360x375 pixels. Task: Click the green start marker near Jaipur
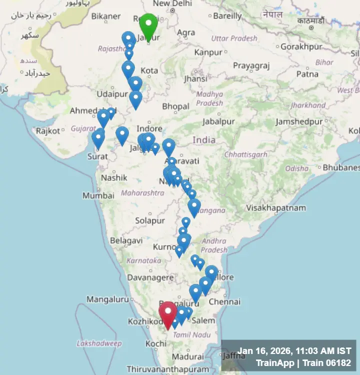148,26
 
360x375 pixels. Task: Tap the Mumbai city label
98,195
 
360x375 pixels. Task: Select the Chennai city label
224,302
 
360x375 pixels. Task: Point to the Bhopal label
175,106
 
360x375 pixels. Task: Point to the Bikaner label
105,16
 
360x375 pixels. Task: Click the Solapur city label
149,220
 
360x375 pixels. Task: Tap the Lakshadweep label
99,343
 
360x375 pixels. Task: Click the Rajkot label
48,131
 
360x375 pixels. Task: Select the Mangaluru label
107,299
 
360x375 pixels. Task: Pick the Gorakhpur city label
299,46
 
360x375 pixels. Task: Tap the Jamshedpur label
299,121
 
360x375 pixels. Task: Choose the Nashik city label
114,177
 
